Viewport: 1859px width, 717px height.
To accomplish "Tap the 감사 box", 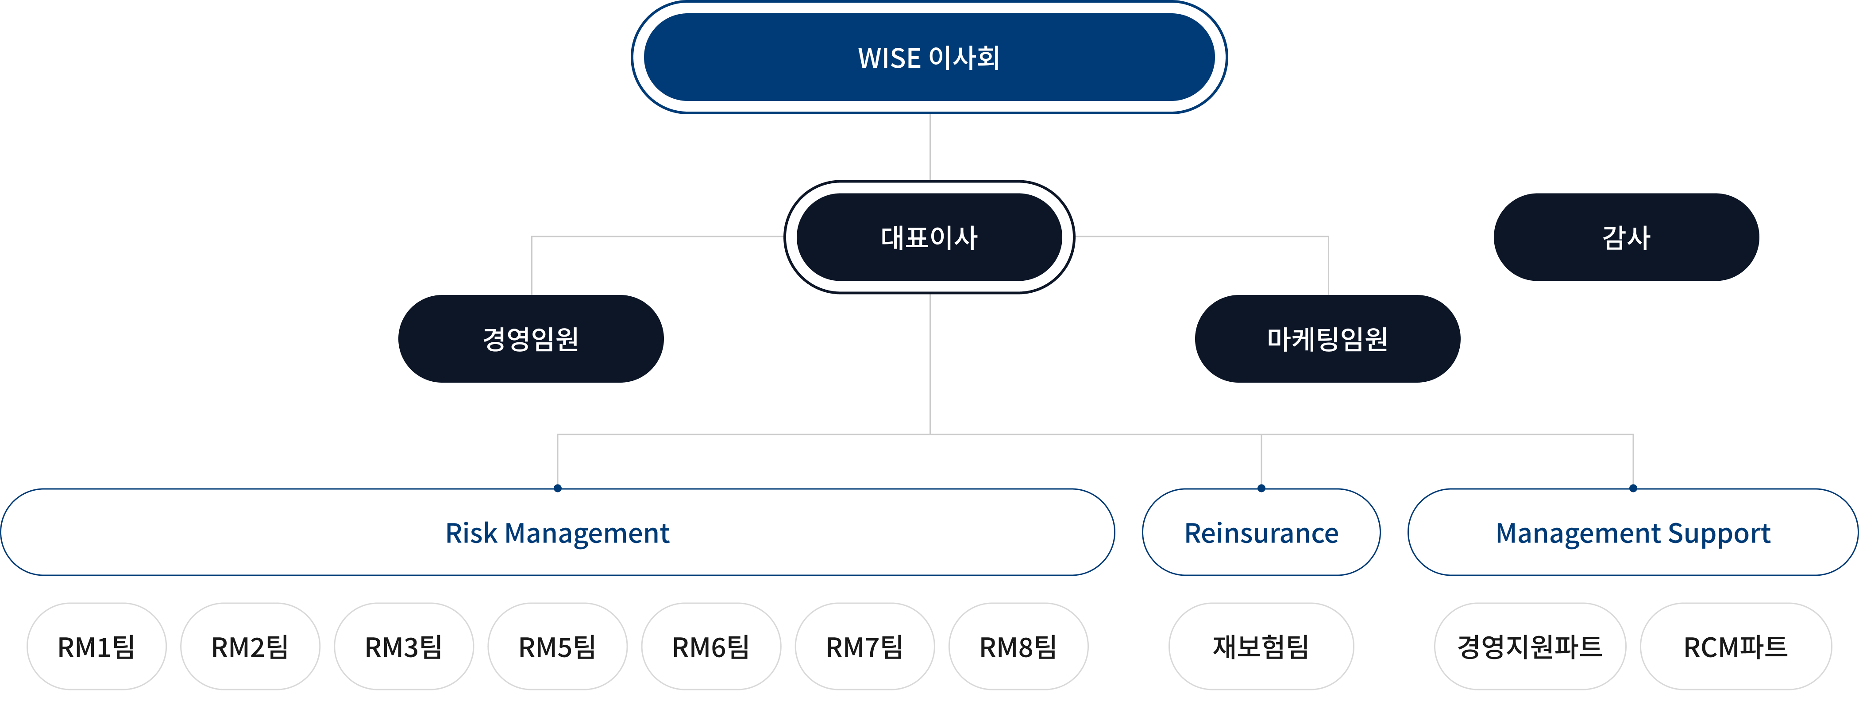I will (x=1626, y=237).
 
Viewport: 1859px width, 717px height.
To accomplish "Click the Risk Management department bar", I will (x=557, y=533).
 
